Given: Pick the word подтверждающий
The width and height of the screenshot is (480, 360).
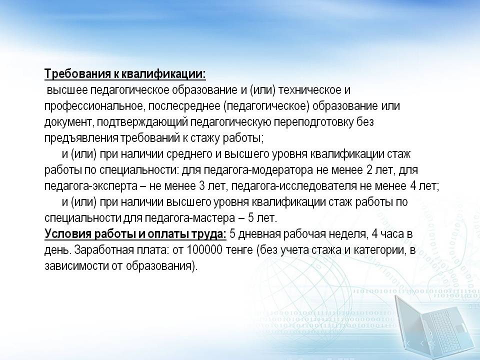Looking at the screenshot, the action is click(x=142, y=122).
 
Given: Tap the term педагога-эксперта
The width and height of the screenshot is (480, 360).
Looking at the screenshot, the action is click(x=91, y=186).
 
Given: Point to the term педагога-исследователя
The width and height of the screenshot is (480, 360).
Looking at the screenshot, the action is click(x=296, y=186).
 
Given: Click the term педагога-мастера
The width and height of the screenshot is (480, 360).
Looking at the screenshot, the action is click(x=190, y=218).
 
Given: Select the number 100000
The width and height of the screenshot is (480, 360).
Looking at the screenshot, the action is click(x=204, y=250).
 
